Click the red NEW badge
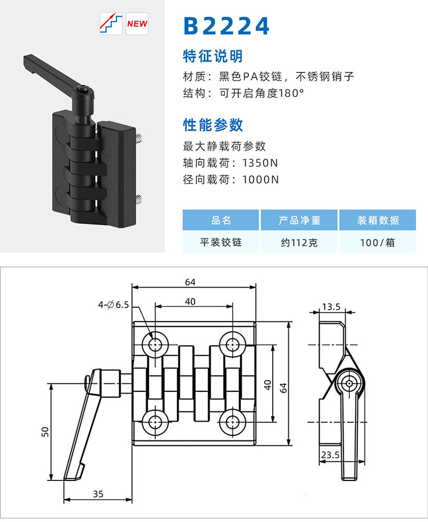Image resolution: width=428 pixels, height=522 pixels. pyautogui.click(x=137, y=23)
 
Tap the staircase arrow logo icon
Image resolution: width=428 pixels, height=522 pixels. pyautogui.click(x=111, y=23)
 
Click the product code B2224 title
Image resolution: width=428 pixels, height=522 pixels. pyautogui.click(x=227, y=26)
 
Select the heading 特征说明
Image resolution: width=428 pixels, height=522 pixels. pyautogui.click(x=213, y=56)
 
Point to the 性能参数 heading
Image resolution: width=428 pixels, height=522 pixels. pyautogui.click(x=213, y=125)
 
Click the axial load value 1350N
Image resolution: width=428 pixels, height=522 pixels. pyautogui.click(x=260, y=163)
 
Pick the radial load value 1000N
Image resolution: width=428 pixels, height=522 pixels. pyautogui.click(x=260, y=180)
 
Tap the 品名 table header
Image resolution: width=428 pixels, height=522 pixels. pyautogui.click(x=221, y=220)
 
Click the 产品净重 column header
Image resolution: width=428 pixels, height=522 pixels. pyautogui.click(x=299, y=220)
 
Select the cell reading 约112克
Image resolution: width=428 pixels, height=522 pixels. pyautogui.click(x=299, y=242)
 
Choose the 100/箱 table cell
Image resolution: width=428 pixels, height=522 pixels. pyautogui.click(x=378, y=242)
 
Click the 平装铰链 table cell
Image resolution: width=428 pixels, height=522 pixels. pyautogui.click(x=221, y=242)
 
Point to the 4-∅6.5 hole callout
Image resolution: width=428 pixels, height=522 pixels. pyautogui.click(x=113, y=305)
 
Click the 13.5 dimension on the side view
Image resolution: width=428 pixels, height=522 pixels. pyautogui.click(x=331, y=306)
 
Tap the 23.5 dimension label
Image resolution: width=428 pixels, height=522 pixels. pyautogui.click(x=330, y=455)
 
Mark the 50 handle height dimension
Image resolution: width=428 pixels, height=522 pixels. pyautogui.click(x=45, y=432)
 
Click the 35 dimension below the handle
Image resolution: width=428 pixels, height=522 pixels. pyautogui.click(x=98, y=494)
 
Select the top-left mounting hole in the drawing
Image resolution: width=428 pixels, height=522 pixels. pyautogui.click(x=155, y=345)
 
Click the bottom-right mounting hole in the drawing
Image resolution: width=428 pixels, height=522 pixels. pyautogui.click(x=232, y=423)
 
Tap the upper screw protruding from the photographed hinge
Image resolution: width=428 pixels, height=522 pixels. pyautogui.click(x=139, y=138)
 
